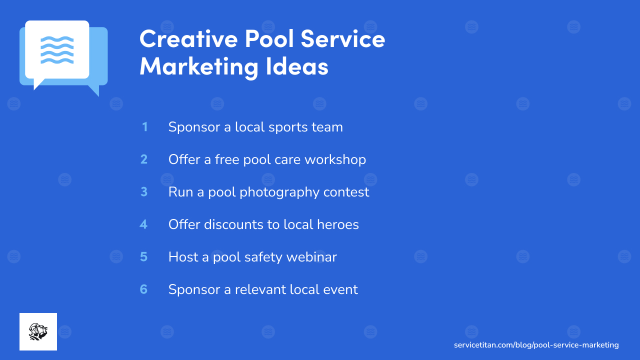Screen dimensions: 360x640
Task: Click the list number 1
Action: tap(144, 127)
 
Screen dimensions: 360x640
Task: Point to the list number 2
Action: tap(144, 159)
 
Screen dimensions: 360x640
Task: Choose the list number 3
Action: tap(144, 192)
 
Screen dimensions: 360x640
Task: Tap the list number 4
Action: tap(143, 224)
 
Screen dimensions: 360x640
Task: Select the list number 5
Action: tap(144, 257)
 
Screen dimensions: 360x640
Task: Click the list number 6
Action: tap(144, 289)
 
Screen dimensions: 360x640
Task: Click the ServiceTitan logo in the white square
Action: tap(38, 331)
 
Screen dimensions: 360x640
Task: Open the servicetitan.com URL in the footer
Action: tap(536, 345)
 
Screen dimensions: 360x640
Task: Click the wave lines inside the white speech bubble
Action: tap(57, 49)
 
